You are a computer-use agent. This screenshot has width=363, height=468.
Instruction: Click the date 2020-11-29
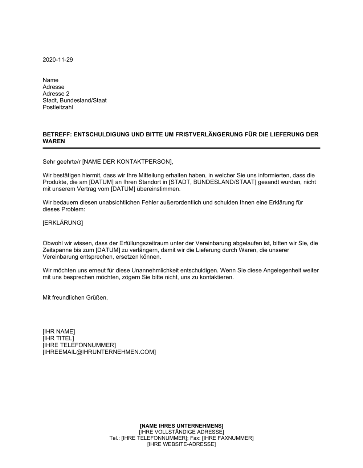[x=58, y=60]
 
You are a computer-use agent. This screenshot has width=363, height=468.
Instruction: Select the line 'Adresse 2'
[x=56, y=94]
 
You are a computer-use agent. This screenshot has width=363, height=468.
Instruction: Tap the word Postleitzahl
[x=58, y=107]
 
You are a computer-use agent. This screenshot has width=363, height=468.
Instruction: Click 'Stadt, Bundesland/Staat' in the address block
[x=74, y=100]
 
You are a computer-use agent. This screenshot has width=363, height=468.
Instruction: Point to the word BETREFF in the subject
[x=57, y=135]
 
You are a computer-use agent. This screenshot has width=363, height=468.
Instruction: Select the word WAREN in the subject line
[x=54, y=141]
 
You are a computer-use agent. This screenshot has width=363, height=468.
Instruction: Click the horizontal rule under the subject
[x=181, y=148]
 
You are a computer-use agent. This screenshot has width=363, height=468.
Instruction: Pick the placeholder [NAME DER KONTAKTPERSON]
[x=125, y=162]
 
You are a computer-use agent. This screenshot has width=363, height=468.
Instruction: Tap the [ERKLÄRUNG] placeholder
[x=63, y=223]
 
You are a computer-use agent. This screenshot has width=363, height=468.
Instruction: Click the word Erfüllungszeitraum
[x=143, y=243]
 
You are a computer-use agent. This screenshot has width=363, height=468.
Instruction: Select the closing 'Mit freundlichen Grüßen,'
[x=75, y=297]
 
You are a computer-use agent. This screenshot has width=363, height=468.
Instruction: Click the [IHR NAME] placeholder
[x=59, y=331]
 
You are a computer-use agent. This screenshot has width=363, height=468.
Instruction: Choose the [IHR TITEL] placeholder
[x=58, y=338]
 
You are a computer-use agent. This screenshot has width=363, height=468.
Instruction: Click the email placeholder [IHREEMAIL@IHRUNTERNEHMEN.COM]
[x=99, y=352]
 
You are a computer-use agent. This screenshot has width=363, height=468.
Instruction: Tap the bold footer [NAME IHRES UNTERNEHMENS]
[x=181, y=426]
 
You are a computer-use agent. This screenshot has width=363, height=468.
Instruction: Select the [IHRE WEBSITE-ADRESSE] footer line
[x=181, y=444]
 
